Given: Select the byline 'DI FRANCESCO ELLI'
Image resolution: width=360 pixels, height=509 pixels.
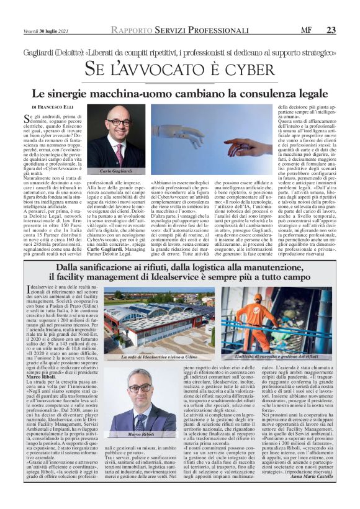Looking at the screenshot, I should pos(53,107).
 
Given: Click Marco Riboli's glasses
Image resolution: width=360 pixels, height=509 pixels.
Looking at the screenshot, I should pos(140,388).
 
